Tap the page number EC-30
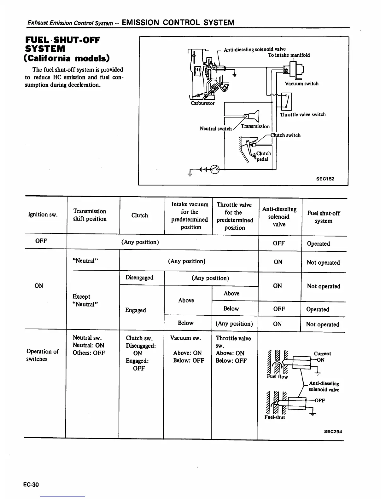31,485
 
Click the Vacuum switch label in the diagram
301,84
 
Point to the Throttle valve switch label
302,115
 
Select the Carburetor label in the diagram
202,103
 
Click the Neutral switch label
215,129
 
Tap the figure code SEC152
325,179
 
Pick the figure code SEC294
333,432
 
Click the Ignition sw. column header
43,215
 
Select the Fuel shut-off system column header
324,217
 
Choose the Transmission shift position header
90,215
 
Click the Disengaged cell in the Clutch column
139,278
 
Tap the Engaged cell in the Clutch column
136,310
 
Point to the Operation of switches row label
42,355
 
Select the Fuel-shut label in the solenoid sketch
274,417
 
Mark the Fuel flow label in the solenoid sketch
277,377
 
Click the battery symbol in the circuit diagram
202,169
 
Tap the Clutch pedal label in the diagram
263,156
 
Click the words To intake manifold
289,55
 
